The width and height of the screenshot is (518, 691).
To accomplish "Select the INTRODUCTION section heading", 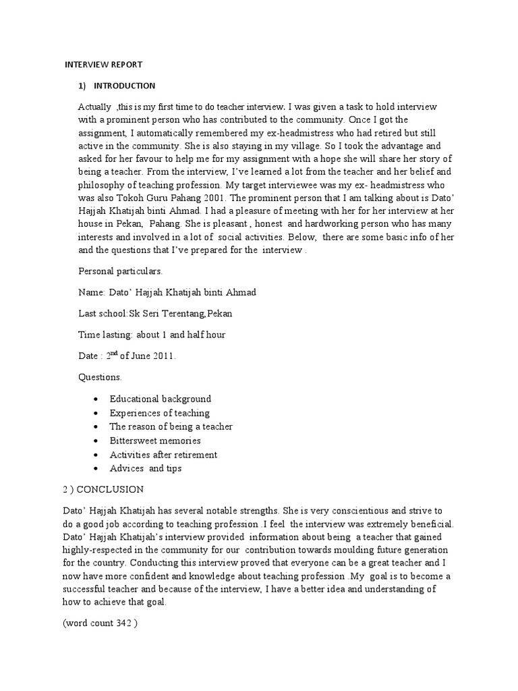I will click(124, 86).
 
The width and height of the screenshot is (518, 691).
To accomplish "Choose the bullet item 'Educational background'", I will click(161, 399).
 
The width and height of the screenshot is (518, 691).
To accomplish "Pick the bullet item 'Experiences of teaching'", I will click(160, 413).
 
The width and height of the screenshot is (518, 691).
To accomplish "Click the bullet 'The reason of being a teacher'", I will click(171, 426).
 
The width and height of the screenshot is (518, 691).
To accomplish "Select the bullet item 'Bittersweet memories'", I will click(155, 441).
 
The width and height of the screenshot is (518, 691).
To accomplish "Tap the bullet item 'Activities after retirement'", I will click(163, 454).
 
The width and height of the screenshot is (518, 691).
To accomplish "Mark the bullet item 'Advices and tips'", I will click(146, 468).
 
